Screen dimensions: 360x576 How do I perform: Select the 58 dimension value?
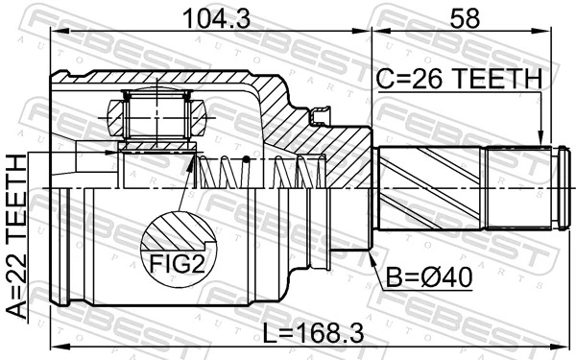pos(462,16)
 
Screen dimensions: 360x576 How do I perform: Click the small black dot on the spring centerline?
pos(246,158)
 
